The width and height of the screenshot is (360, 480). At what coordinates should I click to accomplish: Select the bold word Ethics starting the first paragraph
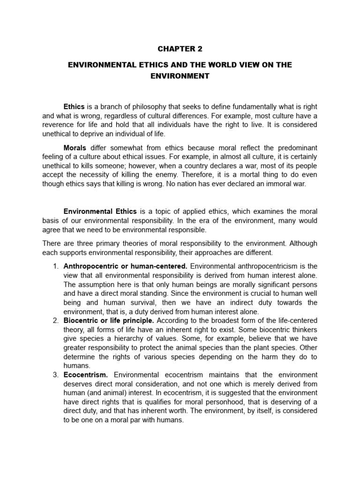pyautogui.click(x=74, y=107)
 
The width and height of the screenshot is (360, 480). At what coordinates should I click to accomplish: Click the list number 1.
pyautogui.click(x=55, y=267)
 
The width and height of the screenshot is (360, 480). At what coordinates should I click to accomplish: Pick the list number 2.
pyautogui.click(x=55, y=321)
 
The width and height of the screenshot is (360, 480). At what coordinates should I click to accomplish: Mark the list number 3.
pyautogui.click(x=55, y=375)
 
